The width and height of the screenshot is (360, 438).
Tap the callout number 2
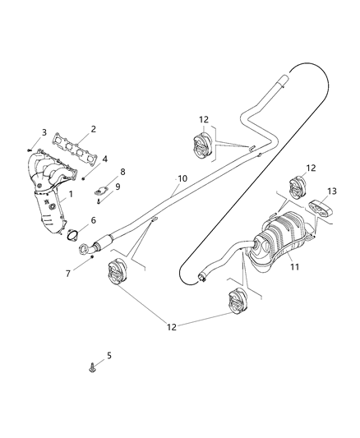point(94,129)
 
